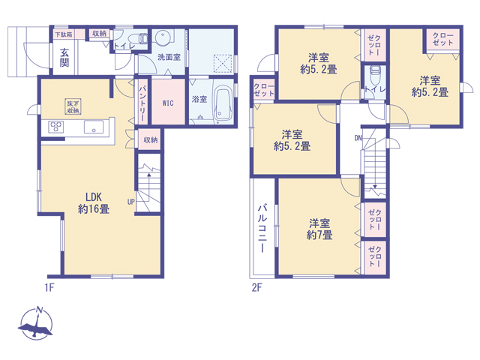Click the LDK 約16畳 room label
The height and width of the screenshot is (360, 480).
pos(93,203)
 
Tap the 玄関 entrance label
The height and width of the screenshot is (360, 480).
pos(64,58)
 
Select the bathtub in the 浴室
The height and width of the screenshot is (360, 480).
pos(223,103)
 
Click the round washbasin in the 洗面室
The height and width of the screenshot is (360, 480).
pos(162,37)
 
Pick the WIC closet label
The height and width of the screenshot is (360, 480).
pos(168,103)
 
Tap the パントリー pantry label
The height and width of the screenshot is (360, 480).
pos(142,102)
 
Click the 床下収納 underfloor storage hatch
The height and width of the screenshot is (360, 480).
pos(73,106)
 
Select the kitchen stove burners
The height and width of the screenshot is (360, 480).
pos(56,126)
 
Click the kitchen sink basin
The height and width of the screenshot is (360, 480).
pos(94,127)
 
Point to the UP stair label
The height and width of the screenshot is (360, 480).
pos(130,202)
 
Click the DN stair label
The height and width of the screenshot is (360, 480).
pos(358,138)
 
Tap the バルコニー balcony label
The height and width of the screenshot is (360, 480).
pos(262,229)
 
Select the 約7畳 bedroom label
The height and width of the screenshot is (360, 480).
pos(319,229)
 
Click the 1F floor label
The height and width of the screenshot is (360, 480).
pos(49,287)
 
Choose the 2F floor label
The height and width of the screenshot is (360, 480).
pos(256,287)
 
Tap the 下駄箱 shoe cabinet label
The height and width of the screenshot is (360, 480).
pos(63,34)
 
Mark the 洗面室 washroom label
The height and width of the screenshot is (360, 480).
pos(169,57)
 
